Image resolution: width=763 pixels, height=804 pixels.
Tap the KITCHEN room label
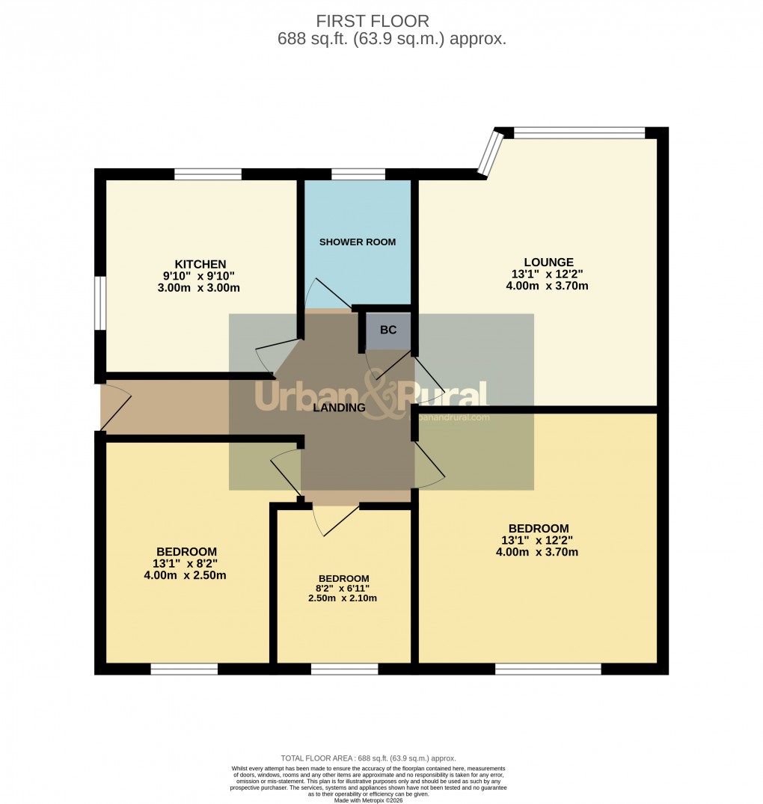point(200,264)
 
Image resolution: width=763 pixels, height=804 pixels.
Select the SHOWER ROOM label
point(358,242)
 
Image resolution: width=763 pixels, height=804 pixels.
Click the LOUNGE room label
point(548,262)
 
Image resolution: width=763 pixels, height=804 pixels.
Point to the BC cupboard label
point(388,330)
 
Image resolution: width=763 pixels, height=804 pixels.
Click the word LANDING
point(339,408)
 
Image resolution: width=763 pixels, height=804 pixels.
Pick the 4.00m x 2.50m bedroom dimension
point(186,575)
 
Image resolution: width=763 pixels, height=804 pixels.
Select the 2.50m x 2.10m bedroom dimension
point(344,598)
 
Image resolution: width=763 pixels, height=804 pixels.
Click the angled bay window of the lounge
point(491,154)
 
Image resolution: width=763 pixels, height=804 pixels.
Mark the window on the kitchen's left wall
point(98,303)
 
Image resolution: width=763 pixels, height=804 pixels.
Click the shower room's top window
point(358,174)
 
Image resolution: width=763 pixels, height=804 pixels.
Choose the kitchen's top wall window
point(208,174)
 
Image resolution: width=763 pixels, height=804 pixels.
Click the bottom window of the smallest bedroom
point(344,669)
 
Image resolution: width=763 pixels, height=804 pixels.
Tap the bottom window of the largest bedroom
point(548,669)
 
